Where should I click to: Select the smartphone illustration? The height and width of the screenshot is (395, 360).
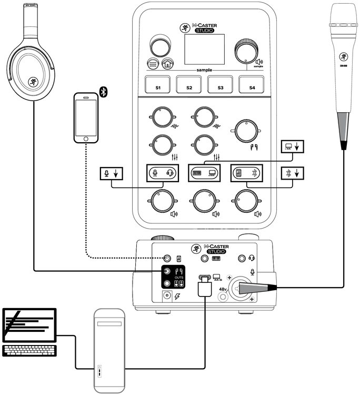click(x=86, y=118)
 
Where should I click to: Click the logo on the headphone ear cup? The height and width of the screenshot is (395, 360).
click(x=33, y=83)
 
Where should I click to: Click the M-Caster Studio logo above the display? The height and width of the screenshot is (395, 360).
click(x=206, y=28)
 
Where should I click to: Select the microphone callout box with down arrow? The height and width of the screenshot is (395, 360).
click(x=111, y=173)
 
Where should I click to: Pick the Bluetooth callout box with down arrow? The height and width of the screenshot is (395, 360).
click(x=292, y=173)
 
